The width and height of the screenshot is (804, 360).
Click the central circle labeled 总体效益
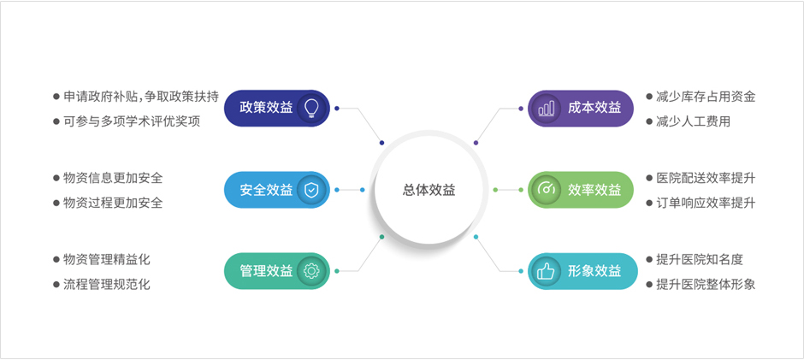[429, 190]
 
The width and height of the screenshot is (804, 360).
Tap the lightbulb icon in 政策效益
[311, 109]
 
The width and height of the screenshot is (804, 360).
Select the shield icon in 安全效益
[311, 190]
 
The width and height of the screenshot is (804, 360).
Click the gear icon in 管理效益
[311, 271]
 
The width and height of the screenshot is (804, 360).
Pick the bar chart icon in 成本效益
[546, 109]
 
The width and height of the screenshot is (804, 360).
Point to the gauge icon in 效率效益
[546, 190]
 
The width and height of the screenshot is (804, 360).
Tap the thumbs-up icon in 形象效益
[546, 271]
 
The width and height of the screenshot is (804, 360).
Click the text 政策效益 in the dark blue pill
[266, 109]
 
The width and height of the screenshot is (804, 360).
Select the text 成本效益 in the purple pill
[594, 109]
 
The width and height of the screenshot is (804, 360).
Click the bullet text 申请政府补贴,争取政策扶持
[141, 97]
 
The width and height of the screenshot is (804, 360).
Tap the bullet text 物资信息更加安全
[113, 178]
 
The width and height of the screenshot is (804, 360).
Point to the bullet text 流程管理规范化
[107, 284]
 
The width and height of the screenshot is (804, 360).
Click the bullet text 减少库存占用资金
[706, 97]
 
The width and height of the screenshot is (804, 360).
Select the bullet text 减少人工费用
[694, 121]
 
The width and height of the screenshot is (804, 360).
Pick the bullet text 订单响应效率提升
[706, 203]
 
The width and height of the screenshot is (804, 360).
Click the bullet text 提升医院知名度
[700, 259]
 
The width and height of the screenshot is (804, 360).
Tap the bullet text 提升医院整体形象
[706, 284]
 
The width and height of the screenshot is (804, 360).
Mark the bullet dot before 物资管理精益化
[56, 259]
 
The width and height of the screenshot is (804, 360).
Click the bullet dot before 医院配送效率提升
[650, 178]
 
